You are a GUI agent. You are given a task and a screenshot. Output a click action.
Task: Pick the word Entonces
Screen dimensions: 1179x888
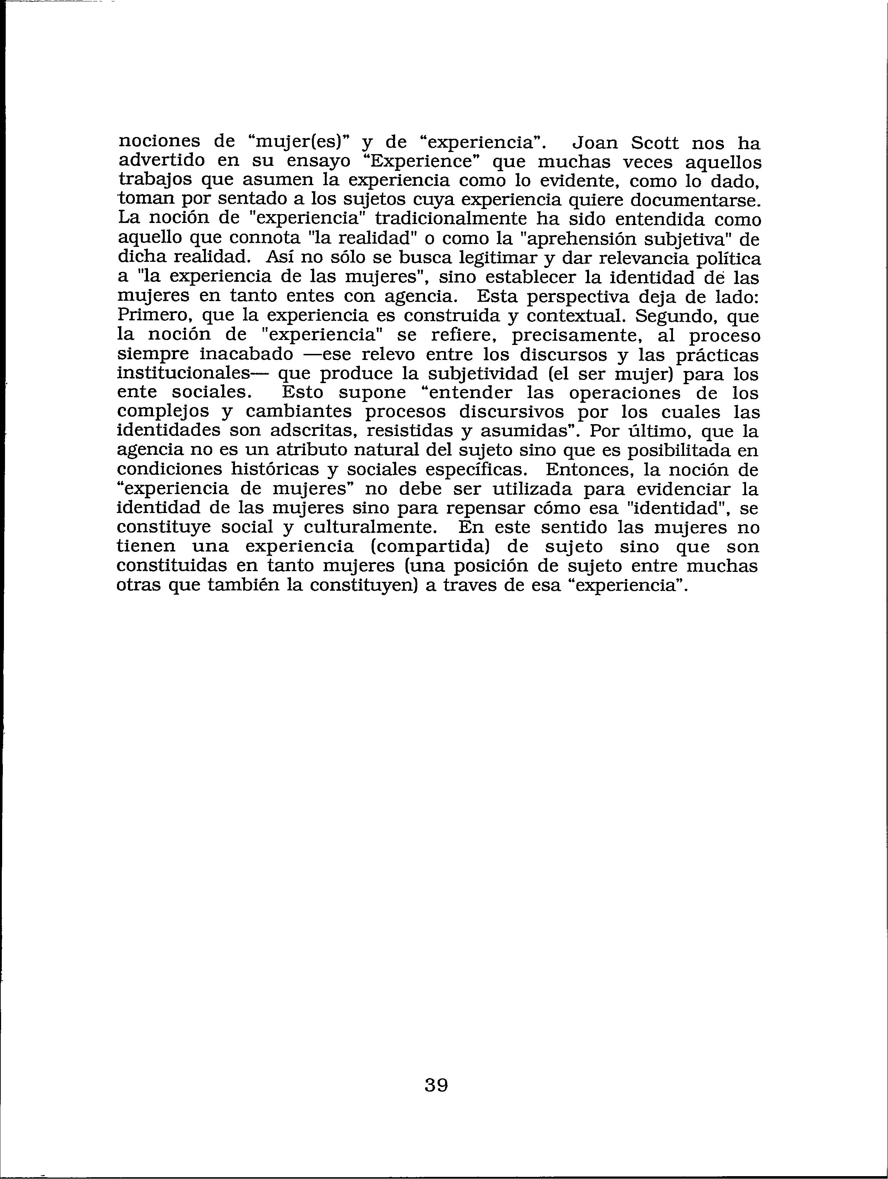click(589, 469)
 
